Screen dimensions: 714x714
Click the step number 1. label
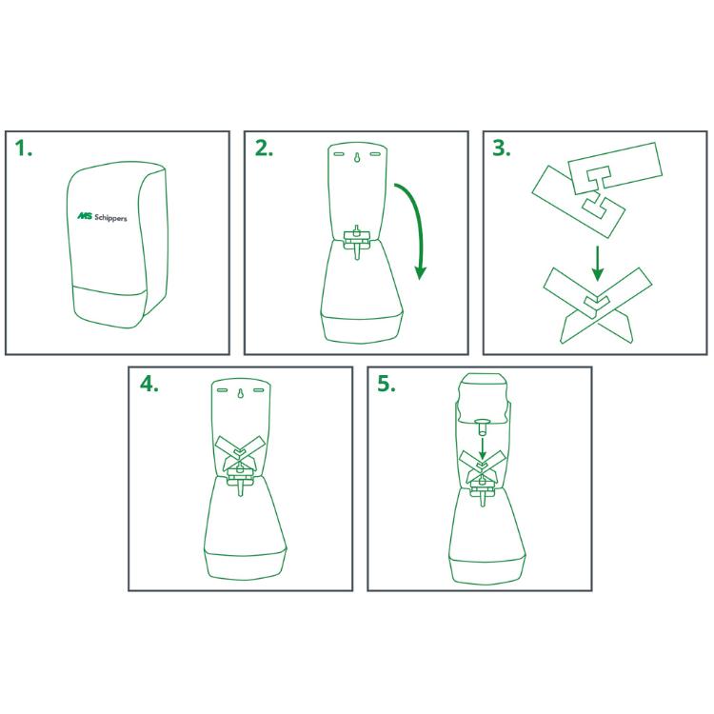pyautogui.click(x=24, y=149)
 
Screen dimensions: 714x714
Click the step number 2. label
pyautogui.click(x=264, y=149)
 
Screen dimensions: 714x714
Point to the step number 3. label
pyautogui.click(x=502, y=149)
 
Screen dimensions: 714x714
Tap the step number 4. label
pyautogui.click(x=149, y=385)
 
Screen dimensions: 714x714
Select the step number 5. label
pyautogui.click(x=387, y=385)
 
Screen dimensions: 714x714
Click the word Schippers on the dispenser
pyautogui.click(x=110, y=218)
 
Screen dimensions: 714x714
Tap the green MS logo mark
pyautogui.click(x=85, y=216)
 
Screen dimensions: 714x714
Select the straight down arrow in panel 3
pyautogui.click(x=598, y=263)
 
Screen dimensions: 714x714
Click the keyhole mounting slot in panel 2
pyautogui.click(x=357, y=156)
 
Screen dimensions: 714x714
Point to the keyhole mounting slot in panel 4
pyautogui.click(x=240, y=393)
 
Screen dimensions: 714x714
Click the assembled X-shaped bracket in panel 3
pyautogui.click(x=598, y=305)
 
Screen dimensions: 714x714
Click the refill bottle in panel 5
pyautogui.click(x=483, y=399)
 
